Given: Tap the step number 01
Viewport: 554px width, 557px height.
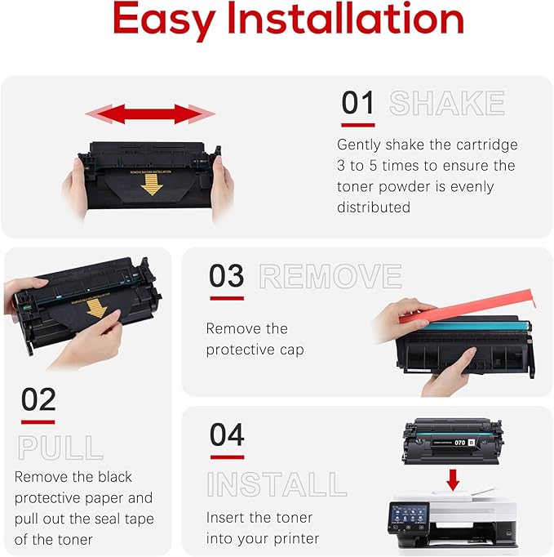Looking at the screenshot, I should tap(358, 104).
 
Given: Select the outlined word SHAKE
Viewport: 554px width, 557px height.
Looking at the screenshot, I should tap(447, 104).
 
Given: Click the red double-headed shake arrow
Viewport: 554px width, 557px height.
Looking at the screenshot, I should tap(149, 114).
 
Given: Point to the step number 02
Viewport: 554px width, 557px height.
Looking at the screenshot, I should tap(38, 399).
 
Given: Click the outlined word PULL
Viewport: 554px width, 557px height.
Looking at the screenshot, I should tap(60, 448).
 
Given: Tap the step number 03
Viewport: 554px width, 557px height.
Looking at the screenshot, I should tap(226, 276).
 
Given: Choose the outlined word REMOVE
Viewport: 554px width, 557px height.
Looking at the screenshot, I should tap(330, 277).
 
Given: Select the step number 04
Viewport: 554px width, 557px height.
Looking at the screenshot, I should tap(226, 434).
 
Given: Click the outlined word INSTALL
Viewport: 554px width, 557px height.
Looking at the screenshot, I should tap(277, 484).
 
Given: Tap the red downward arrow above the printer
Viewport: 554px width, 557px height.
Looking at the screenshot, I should tap(453, 479).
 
